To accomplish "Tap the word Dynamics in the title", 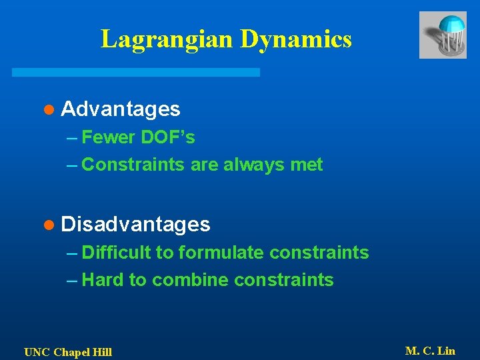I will point(295,39).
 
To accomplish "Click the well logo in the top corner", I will point(442,35).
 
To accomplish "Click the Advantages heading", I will point(120,108).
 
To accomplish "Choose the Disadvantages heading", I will point(135,224).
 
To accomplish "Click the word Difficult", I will point(117,253).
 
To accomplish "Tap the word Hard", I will point(103,279).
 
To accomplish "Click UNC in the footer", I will point(36,352).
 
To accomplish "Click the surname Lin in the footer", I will point(445,351).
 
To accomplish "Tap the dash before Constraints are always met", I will point(73,165).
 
